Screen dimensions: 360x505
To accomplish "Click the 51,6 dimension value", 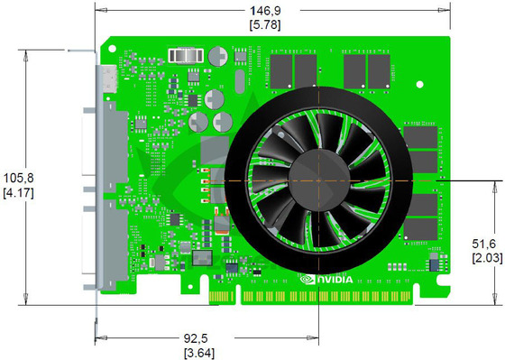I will pos(484,245).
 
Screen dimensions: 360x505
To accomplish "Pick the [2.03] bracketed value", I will pos(484,260).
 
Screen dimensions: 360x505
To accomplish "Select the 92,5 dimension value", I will pos(198,337).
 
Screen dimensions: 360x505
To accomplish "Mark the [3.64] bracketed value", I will pos(198,352).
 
